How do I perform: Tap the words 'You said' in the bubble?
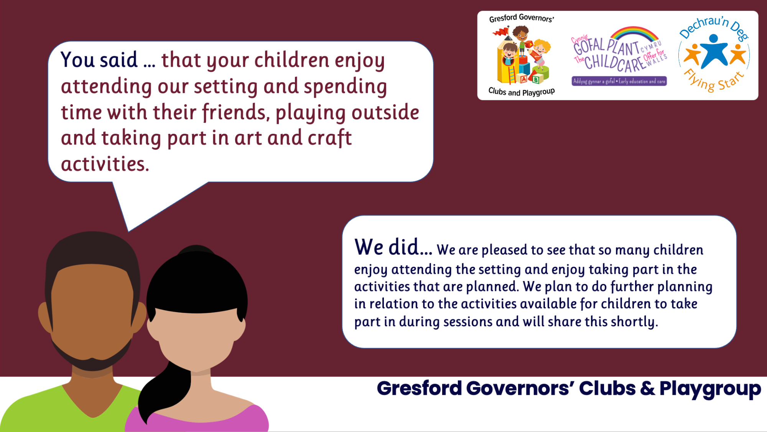pyautogui.click(x=99, y=60)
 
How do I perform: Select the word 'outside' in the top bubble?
pyautogui.click(x=385, y=112)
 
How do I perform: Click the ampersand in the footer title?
pyautogui.click(x=647, y=388)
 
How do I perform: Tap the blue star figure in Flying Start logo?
pyautogui.click(x=713, y=51)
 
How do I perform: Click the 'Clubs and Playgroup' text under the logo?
pyautogui.click(x=522, y=92)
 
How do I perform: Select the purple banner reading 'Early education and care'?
pyautogui.click(x=619, y=81)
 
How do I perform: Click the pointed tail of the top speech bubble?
pyautogui.click(x=129, y=231)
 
